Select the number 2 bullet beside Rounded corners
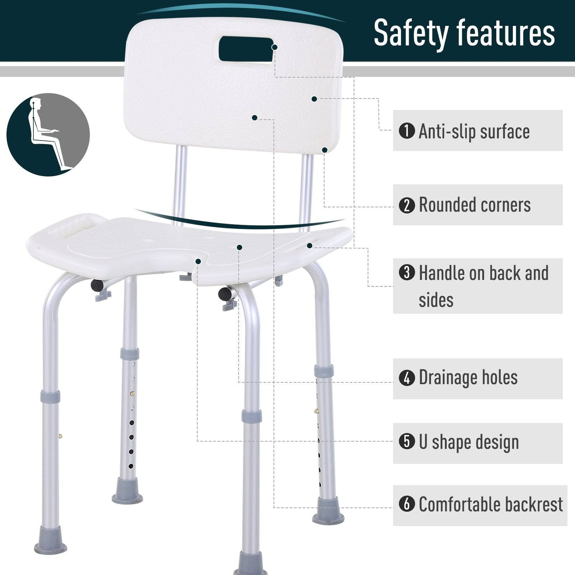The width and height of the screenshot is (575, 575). [x=407, y=205]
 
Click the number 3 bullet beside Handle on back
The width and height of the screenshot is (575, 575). [x=407, y=273]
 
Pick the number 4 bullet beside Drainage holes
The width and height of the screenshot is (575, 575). [x=407, y=378]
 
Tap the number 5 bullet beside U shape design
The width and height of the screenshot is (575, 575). [x=407, y=442]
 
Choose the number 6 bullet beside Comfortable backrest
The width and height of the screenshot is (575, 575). [x=407, y=504]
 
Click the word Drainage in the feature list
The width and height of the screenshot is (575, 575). [x=447, y=378]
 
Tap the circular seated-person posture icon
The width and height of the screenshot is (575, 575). [x=48, y=134]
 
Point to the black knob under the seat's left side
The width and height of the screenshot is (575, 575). [x=97, y=285]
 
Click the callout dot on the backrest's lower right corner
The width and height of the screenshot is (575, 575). [x=325, y=150]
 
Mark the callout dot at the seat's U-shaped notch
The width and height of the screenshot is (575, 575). [x=198, y=261]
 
